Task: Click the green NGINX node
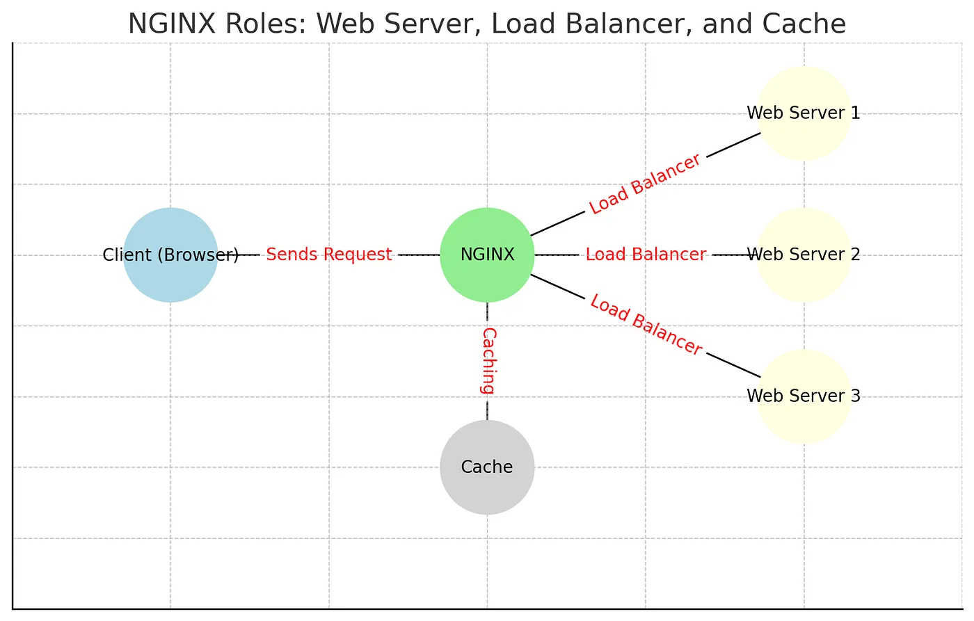487,255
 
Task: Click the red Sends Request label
329,255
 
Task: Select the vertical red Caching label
488,361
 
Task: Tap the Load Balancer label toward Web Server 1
645,184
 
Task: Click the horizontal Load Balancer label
646,255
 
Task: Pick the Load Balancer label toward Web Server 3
646,325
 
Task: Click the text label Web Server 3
804,396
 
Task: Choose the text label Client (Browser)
170,255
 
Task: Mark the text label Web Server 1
804,113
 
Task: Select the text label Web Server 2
804,255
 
